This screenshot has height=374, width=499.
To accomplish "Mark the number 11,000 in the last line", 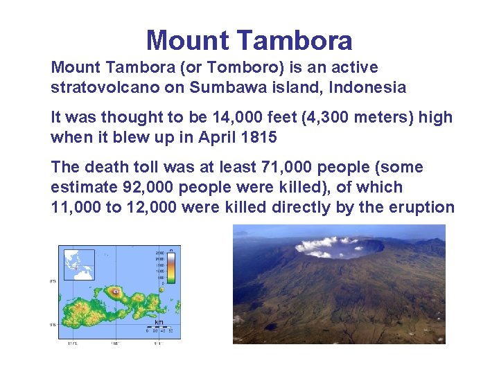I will (76, 207).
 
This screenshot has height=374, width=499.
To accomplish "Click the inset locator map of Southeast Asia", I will (79, 264).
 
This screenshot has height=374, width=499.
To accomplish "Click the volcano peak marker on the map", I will (114, 292).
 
